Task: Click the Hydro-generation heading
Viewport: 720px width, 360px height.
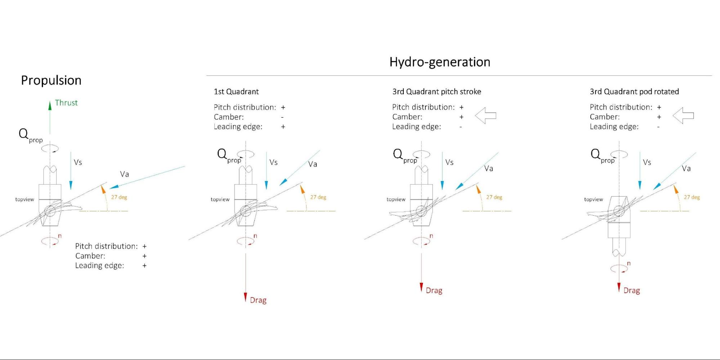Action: (x=440, y=62)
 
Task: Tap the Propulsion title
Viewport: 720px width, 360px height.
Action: (x=51, y=80)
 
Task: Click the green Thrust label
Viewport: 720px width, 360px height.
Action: (x=66, y=103)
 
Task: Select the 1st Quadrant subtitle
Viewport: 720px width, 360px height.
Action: (x=236, y=91)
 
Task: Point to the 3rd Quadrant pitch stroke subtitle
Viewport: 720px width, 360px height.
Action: (x=437, y=91)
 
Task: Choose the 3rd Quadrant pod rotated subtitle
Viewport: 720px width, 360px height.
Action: (x=634, y=91)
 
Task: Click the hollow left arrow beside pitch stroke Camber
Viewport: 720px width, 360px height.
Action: (x=486, y=116)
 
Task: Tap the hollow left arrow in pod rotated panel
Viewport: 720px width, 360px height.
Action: (x=683, y=116)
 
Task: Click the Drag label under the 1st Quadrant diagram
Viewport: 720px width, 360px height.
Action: (x=258, y=300)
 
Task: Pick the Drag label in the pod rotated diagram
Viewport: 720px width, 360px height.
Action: (x=632, y=291)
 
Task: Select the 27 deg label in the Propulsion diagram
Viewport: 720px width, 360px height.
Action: (x=119, y=197)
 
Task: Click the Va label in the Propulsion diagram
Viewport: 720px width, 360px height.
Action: (x=124, y=174)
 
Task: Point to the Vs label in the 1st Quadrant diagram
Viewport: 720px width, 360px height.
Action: (x=273, y=162)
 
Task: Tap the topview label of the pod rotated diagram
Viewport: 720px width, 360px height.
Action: (x=594, y=199)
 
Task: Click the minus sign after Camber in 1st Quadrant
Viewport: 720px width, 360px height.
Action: (x=282, y=117)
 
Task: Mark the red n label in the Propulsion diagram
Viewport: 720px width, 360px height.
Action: (x=60, y=236)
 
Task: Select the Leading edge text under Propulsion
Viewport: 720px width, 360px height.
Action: (x=99, y=266)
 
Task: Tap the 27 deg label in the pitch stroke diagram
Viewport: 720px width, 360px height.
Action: (x=494, y=197)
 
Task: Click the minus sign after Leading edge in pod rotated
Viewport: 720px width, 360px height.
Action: (x=658, y=127)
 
